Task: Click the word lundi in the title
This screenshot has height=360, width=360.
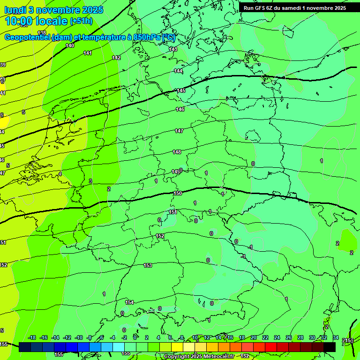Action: pos(15,9)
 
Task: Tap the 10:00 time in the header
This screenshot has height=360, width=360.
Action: pos(18,21)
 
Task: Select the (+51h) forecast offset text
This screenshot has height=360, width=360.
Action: pos(81,21)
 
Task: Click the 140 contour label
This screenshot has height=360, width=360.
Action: pos(70,45)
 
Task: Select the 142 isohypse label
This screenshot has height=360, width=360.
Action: pos(116,58)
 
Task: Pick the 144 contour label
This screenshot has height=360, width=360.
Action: pos(178,71)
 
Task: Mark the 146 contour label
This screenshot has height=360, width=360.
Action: pos(180,109)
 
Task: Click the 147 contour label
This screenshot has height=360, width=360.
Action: pos(179,131)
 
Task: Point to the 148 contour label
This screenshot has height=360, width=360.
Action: pos(177,152)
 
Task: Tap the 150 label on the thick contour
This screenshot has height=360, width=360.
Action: pos(178,193)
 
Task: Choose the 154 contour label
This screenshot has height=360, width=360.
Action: pos(129,302)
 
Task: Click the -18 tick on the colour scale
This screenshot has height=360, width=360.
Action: pos(32,337)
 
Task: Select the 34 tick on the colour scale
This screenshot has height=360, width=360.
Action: pos(336,337)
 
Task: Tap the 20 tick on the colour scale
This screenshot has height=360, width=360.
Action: pos(254,337)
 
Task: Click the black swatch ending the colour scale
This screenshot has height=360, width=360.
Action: pos(330,347)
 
